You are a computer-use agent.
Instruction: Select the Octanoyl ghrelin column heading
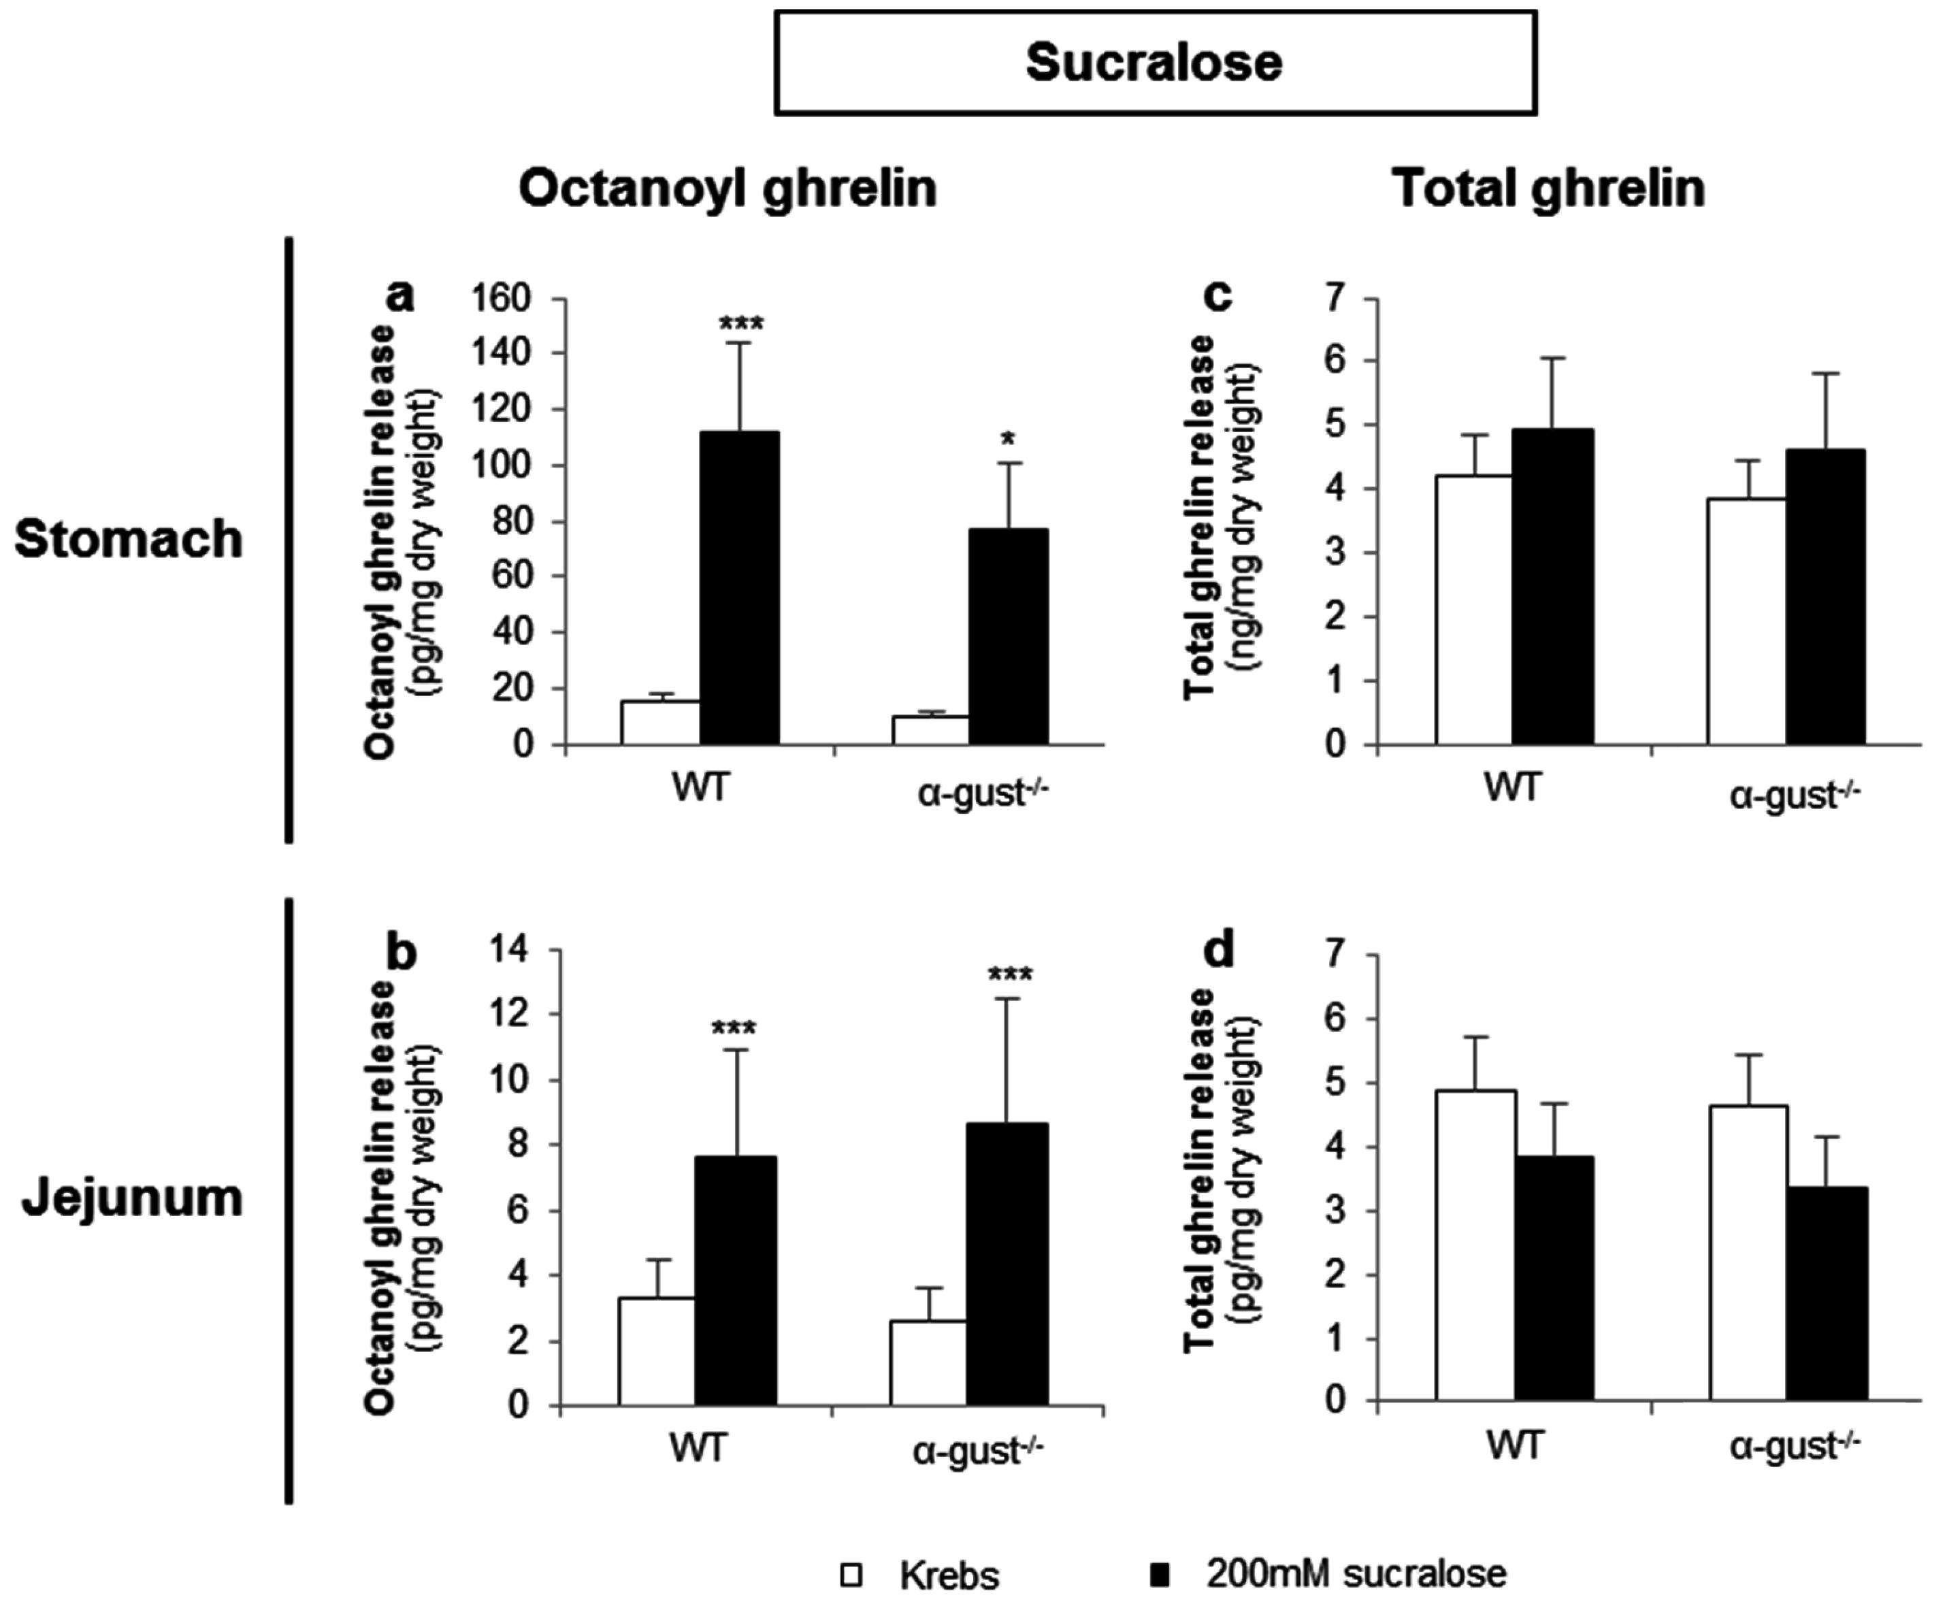[x=727, y=189]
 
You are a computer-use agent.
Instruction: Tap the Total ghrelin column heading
[x=1549, y=189]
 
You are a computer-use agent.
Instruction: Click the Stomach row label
[x=129, y=538]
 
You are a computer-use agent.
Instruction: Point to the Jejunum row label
[x=131, y=1198]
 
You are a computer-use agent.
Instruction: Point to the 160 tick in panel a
[x=501, y=298]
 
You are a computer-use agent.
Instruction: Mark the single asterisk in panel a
[x=1008, y=439]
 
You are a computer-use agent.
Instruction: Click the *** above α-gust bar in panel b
[x=1009, y=975]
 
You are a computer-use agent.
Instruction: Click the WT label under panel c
[x=1511, y=788]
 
